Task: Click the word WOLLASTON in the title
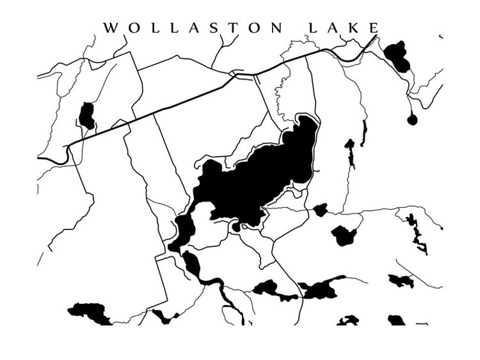click(x=192, y=28)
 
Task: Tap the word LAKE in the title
click(x=343, y=28)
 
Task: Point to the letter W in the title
click(x=111, y=28)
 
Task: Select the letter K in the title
click(x=355, y=28)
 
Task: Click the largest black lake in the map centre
click(x=260, y=175)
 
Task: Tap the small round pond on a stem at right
click(x=412, y=120)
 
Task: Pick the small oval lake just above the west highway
click(x=87, y=115)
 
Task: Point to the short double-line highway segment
click(x=244, y=75)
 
